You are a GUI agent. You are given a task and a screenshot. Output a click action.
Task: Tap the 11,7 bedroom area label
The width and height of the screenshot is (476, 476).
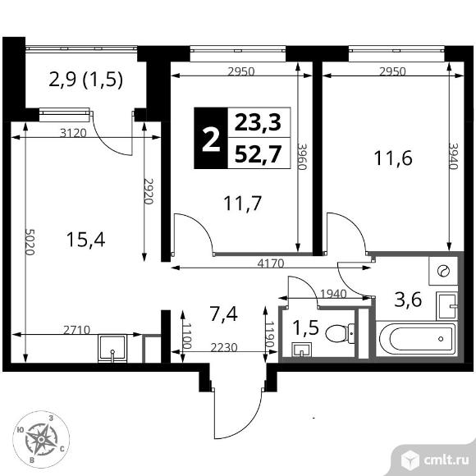coord(241,202)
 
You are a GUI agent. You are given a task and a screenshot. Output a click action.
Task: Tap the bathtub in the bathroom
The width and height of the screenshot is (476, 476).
coord(415,338)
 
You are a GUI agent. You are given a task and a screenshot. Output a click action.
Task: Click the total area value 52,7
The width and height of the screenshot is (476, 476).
coord(257,153)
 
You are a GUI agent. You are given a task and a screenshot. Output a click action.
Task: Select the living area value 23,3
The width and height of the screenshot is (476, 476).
coord(257,124)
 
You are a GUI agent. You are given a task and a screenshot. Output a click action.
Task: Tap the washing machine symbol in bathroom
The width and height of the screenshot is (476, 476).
coord(443,270)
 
